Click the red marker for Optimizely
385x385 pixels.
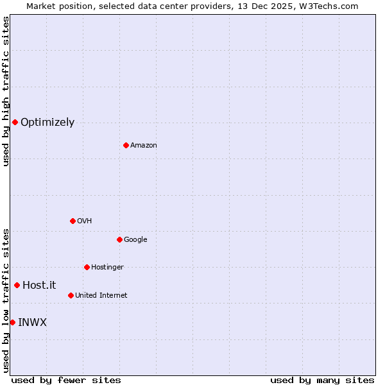15,122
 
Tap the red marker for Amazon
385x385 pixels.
126,145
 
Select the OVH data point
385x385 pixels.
73,221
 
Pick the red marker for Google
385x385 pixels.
119,239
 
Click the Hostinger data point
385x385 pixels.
87,267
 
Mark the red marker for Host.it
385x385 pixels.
17,285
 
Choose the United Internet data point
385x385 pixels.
71,295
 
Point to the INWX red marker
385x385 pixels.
12,322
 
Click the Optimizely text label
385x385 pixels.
47,123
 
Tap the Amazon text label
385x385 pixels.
144,146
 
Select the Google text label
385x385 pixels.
135,240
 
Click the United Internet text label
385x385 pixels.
101,296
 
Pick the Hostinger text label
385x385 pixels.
107,268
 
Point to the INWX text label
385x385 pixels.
32,322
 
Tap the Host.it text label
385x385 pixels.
39,286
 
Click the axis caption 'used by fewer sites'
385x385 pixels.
66,380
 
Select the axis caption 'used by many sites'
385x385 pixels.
322,380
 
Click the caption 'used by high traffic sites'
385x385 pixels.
6,92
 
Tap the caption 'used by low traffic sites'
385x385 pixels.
6,300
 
